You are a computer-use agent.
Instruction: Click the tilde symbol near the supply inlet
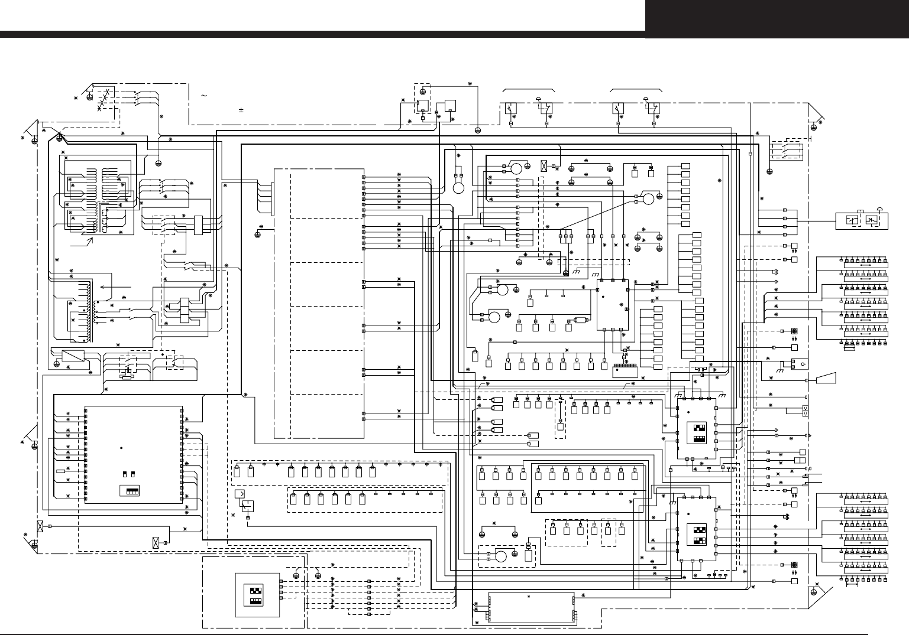pos(203,96)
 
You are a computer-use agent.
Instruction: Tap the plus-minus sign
pos(241,110)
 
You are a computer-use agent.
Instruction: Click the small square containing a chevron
pos(240,493)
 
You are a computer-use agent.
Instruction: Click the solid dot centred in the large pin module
pos(120,447)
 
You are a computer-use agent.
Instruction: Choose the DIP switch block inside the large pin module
pos(129,491)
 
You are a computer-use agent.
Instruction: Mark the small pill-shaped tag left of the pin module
pos(60,471)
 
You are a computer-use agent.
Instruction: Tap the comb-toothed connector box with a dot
pos(626,370)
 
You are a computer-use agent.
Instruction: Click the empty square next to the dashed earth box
pos(450,105)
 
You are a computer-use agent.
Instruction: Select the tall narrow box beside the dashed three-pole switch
pos(198,224)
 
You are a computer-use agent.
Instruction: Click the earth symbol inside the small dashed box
pos(422,92)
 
